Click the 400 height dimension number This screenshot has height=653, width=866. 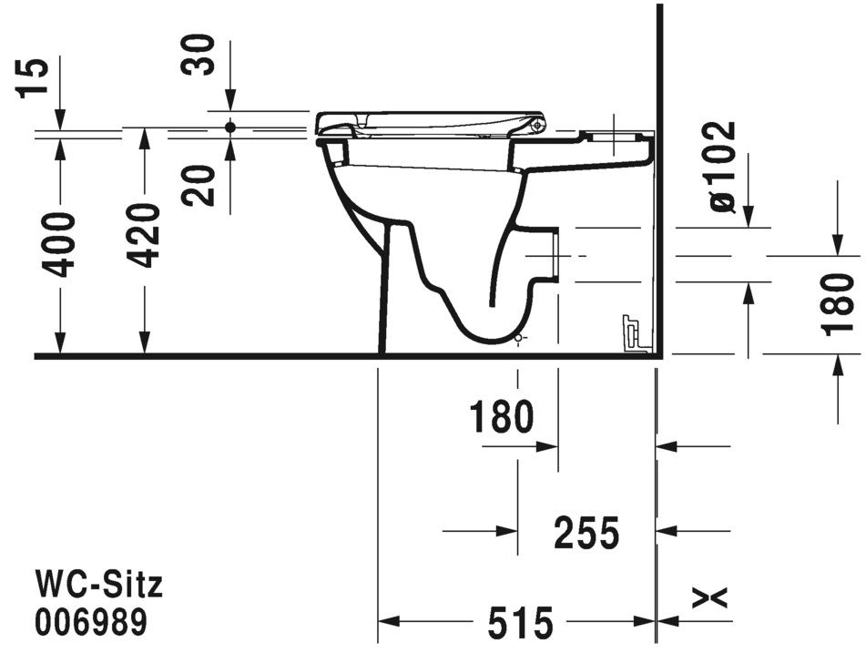point(60,244)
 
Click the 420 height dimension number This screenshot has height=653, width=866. point(143,235)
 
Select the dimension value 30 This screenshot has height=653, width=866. point(199,56)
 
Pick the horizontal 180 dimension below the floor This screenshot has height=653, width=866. point(501,418)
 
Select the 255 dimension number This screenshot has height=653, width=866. point(586,533)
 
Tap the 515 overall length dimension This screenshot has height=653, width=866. point(520,624)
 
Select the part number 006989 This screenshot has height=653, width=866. point(90,623)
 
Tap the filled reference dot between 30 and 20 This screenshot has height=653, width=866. point(229,128)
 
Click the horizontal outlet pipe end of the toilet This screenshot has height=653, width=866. point(554,254)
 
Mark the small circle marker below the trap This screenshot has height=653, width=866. point(518,339)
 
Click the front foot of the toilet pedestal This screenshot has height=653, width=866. point(383,346)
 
